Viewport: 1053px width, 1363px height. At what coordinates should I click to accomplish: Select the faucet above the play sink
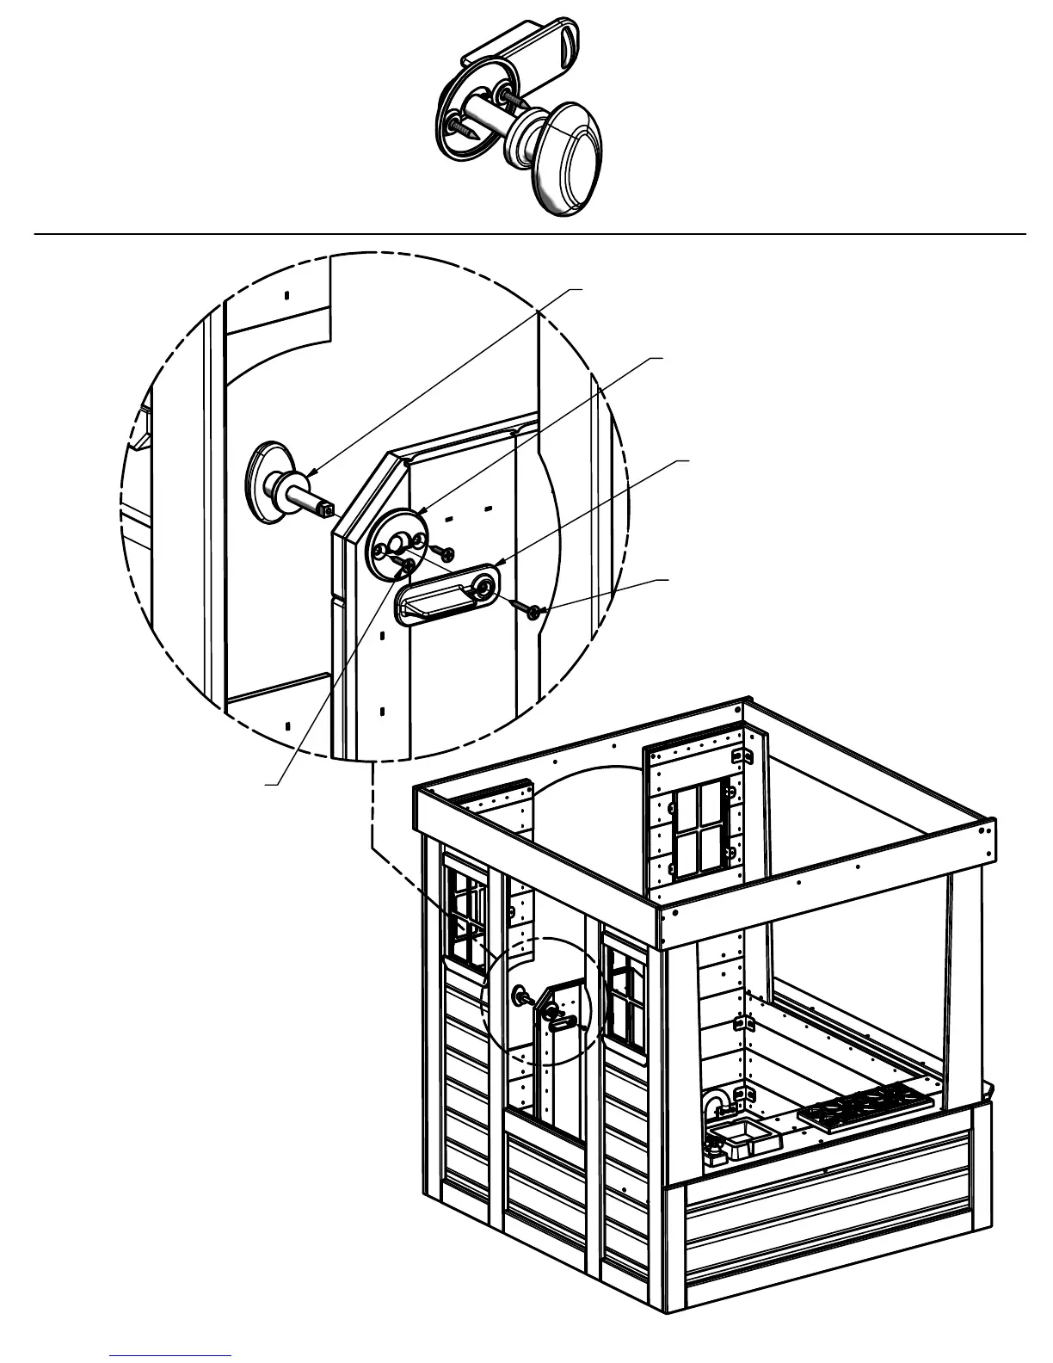tap(715, 1105)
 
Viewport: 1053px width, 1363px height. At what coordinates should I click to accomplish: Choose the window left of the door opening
tap(465, 916)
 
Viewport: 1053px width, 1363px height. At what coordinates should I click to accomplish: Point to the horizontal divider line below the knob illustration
tap(529, 233)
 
